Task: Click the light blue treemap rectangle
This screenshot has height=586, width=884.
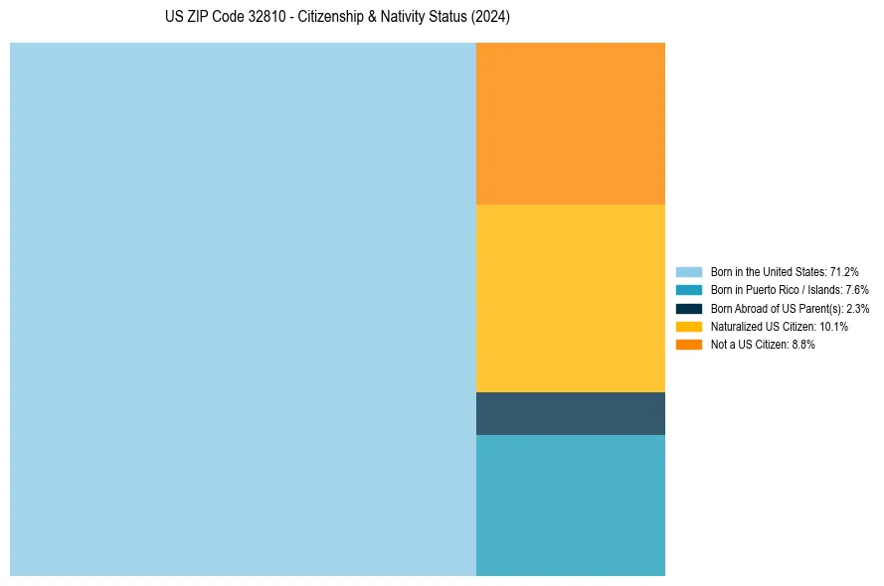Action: click(243, 309)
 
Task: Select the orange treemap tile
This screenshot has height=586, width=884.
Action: click(570, 123)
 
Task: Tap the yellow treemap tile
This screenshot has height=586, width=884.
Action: click(570, 298)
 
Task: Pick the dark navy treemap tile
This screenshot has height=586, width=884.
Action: click(570, 413)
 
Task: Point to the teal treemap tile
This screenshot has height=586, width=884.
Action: click(570, 505)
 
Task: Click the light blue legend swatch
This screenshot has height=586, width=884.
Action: click(689, 271)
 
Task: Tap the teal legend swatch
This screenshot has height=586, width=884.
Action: click(689, 290)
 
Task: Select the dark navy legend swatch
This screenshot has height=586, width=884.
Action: click(689, 308)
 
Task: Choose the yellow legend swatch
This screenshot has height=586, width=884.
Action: click(689, 327)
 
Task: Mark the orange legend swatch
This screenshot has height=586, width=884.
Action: click(689, 345)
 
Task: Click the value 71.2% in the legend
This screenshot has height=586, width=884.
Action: click(844, 271)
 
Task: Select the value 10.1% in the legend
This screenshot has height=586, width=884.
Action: click(833, 327)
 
